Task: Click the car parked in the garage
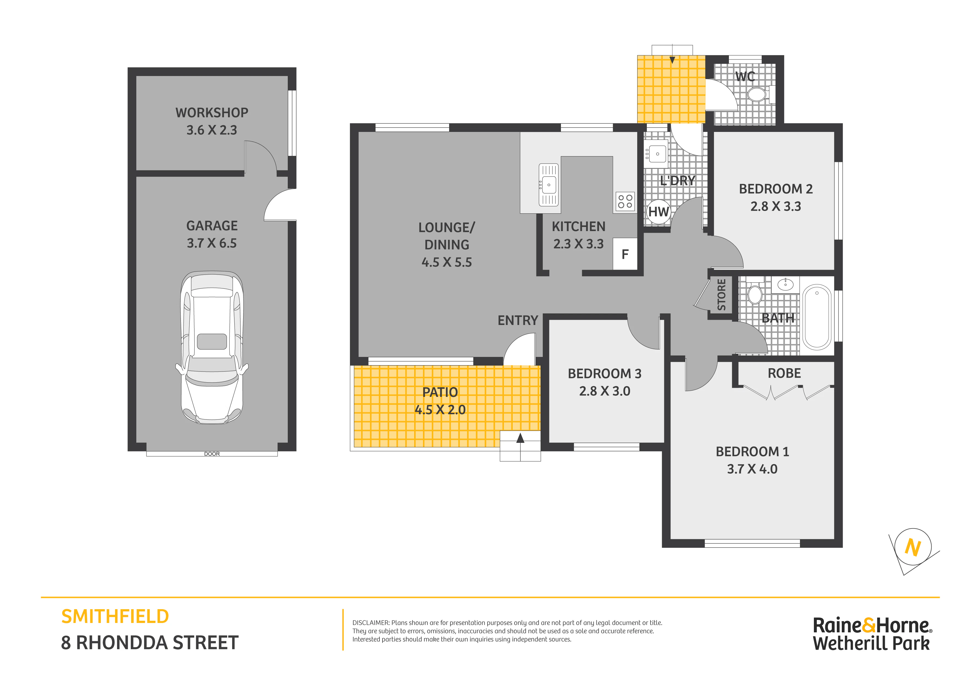coord(212,348)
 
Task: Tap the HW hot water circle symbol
coord(658,212)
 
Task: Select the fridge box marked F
coord(625,254)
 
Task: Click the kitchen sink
coord(549,185)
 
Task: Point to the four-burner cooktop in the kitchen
coord(625,201)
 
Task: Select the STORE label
coord(721,295)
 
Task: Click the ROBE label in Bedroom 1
coord(784,373)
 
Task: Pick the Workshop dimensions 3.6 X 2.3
coord(212,130)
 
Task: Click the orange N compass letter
coord(913,548)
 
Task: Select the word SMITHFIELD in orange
coord(115,617)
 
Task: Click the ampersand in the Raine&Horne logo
coord(869,625)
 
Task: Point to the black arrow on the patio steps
coord(520,438)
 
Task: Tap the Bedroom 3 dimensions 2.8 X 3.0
coord(605,391)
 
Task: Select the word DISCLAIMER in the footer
coord(371,623)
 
